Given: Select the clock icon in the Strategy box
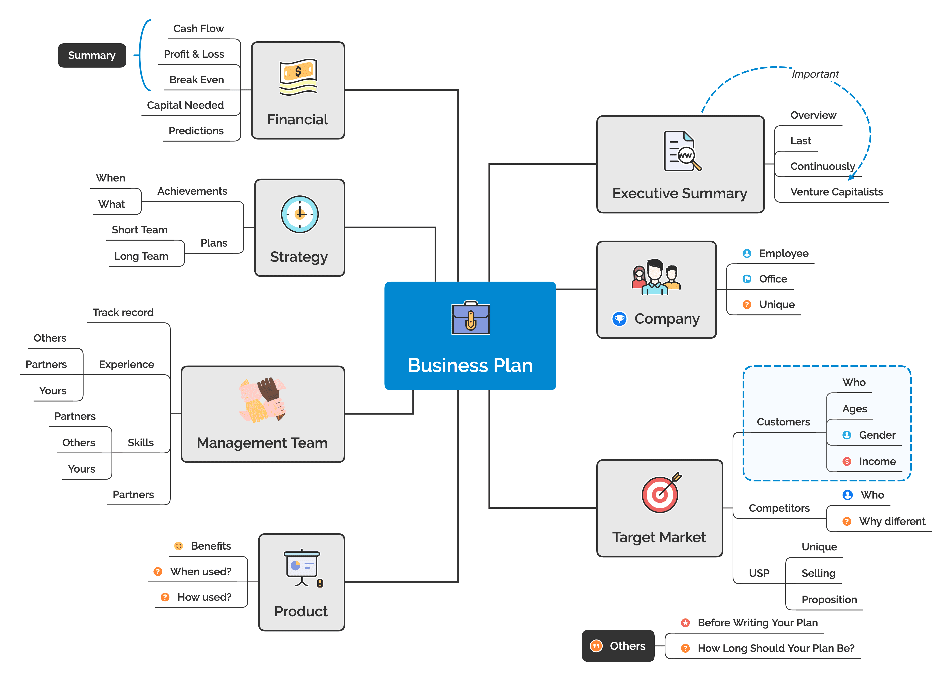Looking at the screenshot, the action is [300, 214].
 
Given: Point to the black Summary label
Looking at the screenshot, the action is [92, 55].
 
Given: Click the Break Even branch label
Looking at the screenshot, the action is [196, 80].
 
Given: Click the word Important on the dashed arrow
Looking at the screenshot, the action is [815, 74].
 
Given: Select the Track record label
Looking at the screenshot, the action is [123, 312].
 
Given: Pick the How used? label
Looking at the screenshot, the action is [204, 597].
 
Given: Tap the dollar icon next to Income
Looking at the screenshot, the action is [847, 461].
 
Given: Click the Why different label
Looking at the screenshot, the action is [892, 521].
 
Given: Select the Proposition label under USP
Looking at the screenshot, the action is [829, 600].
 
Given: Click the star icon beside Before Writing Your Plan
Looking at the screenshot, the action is [685, 623].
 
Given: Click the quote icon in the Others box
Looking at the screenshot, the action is [596, 646].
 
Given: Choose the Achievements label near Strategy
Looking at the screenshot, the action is [192, 191].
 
